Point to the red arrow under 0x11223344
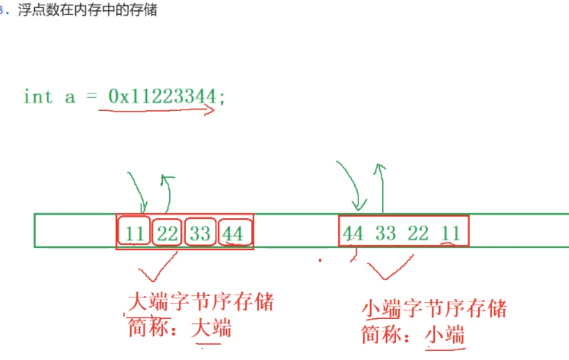pyautogui.click(x=157, y=110)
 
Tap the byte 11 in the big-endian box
pyautogui.click(x=134, y=233)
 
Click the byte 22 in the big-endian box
pyautogui.click(x=167, y=233)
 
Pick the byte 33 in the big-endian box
pyautogui.click(x=199, y=233)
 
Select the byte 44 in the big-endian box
pyautogui.click(x=233, y=233)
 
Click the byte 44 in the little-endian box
pyautogui.click(x=353, y=233)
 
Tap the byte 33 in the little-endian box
pyautogui.click(x=386, y=233)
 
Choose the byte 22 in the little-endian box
pyautogui.click(x=418, y=233)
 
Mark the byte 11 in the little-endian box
pyautogui.click(x=451, y=233)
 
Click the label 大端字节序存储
pyautogui.click(x=201, y=302)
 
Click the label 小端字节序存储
pyautogui.click(x=434, y=309)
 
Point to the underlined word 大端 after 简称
pyautogui.click(x=211, y=329)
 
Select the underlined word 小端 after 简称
pyautogui.click(x=444, y=334)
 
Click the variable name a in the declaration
pyautogui.click(x=70, y=97)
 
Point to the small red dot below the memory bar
pyautogui.click(x=320, y=260)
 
